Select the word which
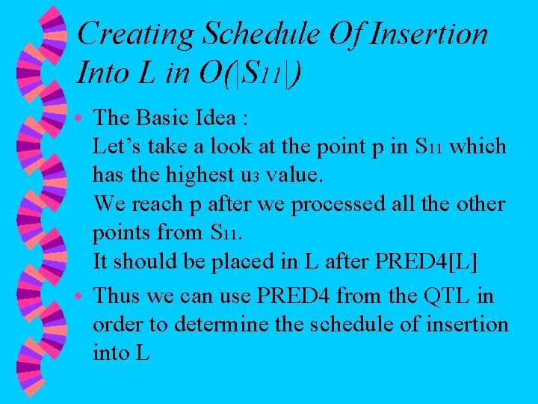[x=479, y=147]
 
